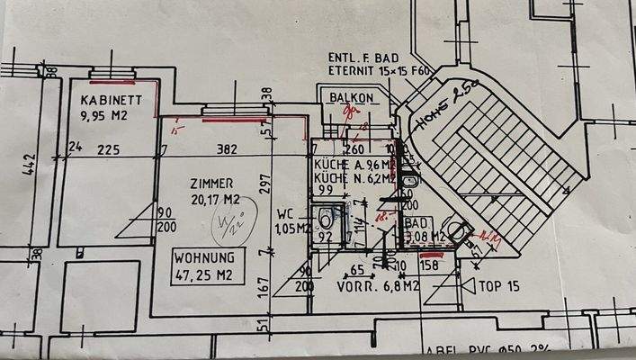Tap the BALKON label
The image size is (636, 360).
[351, 96]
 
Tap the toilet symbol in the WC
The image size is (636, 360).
[326, 219]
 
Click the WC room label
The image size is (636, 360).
[285, 214]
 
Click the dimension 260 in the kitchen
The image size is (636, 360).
[354, 149]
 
